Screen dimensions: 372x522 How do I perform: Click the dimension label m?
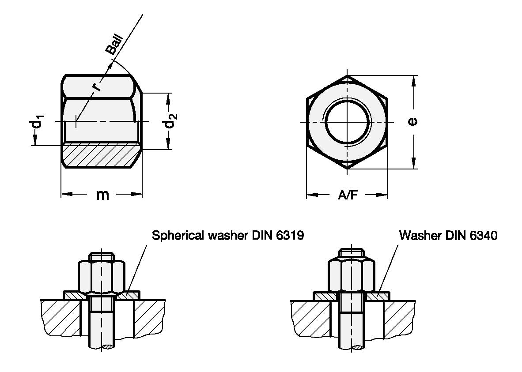click(x=102, y=195)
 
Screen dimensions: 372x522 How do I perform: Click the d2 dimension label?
click(x=171, y=121)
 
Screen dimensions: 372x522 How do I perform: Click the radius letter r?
click(x=97, y=86)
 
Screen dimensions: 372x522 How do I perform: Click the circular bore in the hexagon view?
click(x=347, y=122)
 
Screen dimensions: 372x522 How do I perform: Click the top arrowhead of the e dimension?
click(x=413, y=79)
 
